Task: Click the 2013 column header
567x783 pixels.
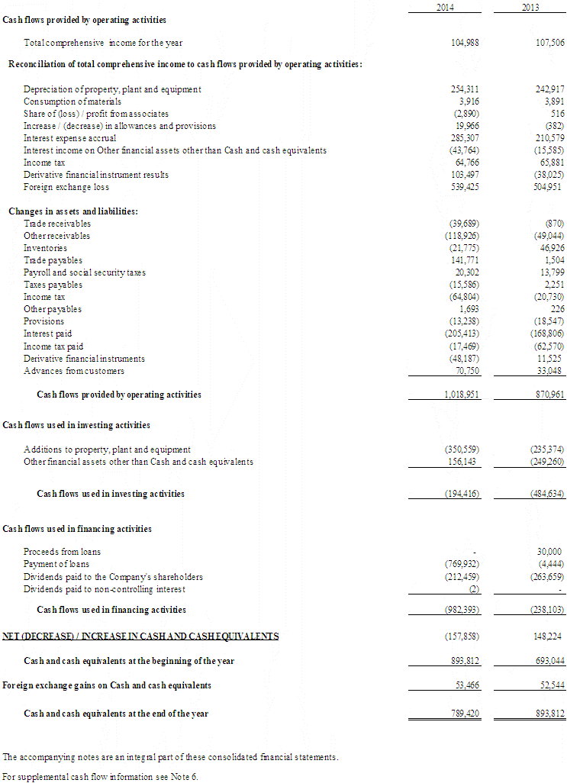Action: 531,7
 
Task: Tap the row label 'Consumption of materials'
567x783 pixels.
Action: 72,101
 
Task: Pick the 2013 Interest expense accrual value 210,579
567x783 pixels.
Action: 548,138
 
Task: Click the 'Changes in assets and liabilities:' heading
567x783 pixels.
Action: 73,211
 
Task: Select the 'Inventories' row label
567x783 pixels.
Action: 45,248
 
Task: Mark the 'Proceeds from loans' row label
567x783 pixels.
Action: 62,552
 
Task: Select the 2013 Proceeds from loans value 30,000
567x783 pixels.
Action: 549,552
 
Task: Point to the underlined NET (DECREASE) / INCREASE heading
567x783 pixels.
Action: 140,636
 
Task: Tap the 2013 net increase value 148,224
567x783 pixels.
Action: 549,636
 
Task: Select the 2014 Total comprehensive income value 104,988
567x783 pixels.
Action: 465,43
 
